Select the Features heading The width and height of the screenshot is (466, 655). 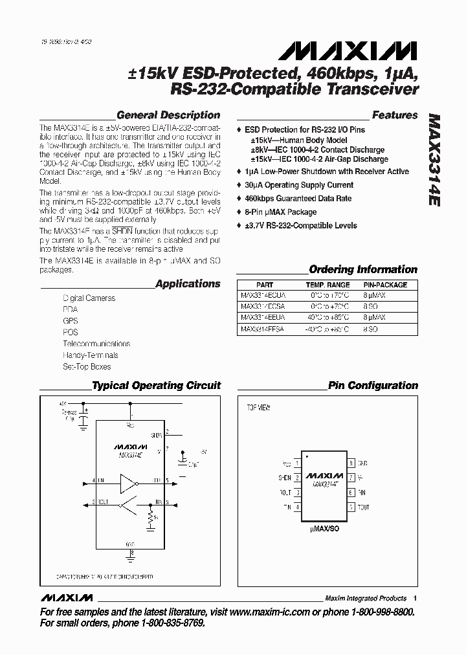tap(395, 115)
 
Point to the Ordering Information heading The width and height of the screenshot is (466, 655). tap(363, 269)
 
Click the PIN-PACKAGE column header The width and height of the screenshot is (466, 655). tap(385, 285)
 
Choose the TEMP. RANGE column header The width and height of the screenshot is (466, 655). tap(327, 285)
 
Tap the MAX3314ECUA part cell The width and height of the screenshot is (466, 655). tap(262, 294)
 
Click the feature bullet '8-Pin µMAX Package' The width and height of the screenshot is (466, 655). tap(281, 212)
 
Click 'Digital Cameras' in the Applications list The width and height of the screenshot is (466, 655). tap(89, 298)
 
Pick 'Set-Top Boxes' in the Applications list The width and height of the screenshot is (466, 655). tap(87, 366)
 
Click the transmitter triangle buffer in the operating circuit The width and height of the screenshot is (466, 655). tap(130, 482)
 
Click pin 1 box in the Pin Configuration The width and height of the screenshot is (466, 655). tap(297, 463)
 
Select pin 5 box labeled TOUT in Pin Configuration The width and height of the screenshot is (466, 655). tap(350, 507)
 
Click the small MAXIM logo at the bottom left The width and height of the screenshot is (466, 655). tap(66, 597)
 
